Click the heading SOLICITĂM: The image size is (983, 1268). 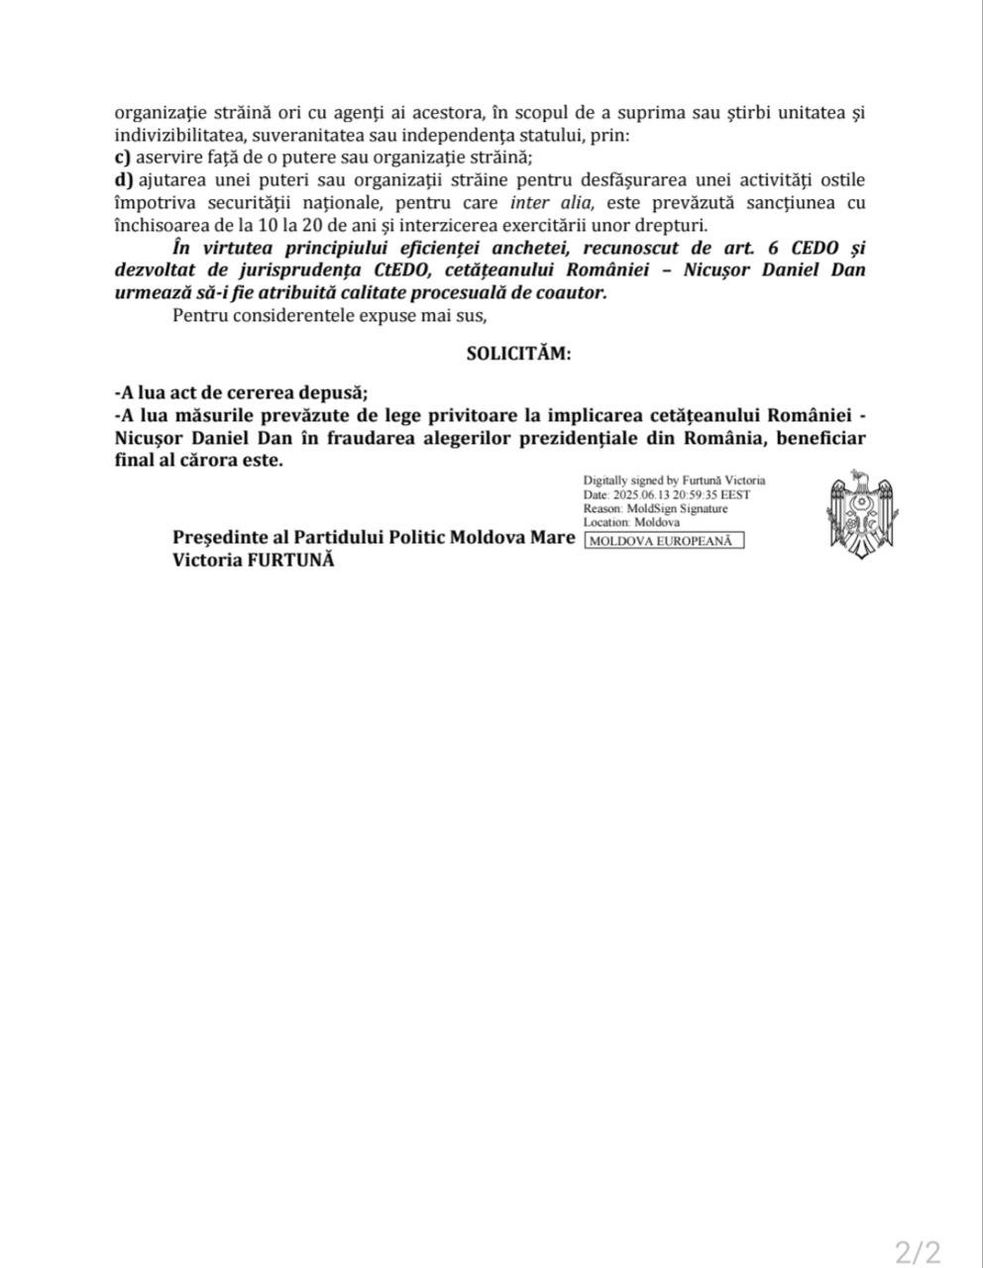click(x=518, y=354)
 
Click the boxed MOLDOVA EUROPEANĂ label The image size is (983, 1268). click(x=665, y=541)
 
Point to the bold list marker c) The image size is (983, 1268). click(x=123, y=157)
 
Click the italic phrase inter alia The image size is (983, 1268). click(x=553, y=202)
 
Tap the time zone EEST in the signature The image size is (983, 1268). click(x=734, y=494)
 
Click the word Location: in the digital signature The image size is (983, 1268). click(x=606, y=522)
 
